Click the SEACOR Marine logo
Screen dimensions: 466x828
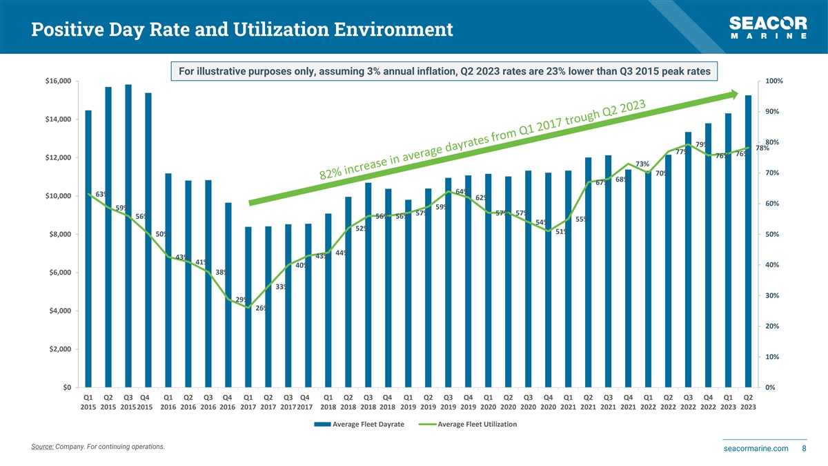(x=768, y=28)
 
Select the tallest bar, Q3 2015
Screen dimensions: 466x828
(x=128, y=235)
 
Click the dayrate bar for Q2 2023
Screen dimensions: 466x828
(x=748, y=241)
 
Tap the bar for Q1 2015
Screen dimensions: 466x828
(x=88, y=249)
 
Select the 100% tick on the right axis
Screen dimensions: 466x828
(x=774, y=81)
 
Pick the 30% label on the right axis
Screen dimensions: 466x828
(x=772, y=295)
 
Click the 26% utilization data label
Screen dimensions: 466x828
(x=262, y=308)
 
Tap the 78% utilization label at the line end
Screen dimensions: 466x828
(x=762, y=148)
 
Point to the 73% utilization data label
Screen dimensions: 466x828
(x=642, y=164)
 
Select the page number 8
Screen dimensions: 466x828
(x=804, y=449)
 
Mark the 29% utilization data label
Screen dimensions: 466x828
(x=241, y=299)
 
